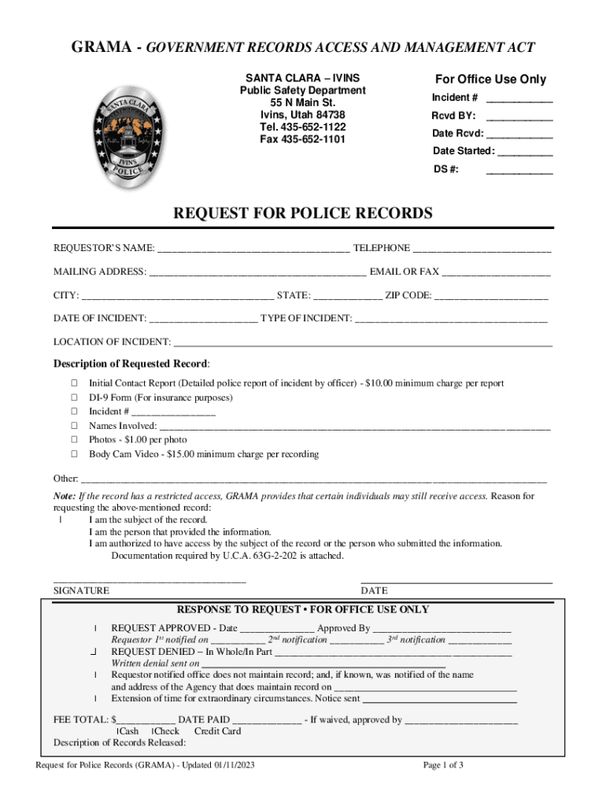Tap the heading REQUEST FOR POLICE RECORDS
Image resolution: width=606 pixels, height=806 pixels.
click(303, 213)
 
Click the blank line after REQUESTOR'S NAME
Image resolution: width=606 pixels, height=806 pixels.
click(253, 250)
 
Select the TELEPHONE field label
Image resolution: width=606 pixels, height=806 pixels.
click(382, 249)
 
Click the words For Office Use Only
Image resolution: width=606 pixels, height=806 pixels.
click(490, 79)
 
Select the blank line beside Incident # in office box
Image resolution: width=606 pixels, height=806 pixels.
click(519, 99)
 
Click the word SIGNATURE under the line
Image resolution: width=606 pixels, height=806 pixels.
click(81, 591)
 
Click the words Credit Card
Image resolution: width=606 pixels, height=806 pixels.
click(217, 731)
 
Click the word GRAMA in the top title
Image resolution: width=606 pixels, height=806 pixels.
click(101, 47)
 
